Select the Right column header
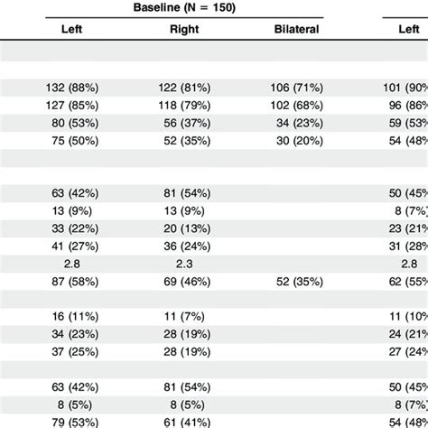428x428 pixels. click(183, 28)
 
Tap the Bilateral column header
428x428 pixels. click(297, 28)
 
